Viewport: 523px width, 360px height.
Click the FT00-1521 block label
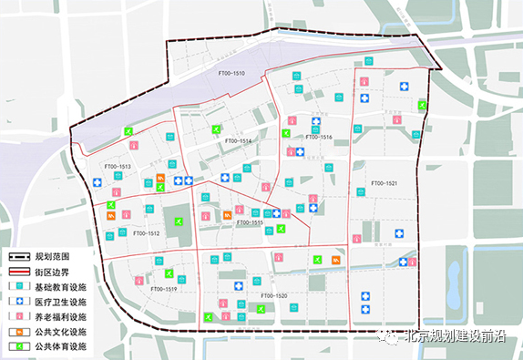(385, 183)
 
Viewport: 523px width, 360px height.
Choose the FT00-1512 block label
(146, 233)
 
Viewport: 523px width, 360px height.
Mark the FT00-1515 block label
(250, 222)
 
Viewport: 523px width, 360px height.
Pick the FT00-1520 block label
(274, 295)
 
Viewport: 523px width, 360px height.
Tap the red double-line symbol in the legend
(19, 273)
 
